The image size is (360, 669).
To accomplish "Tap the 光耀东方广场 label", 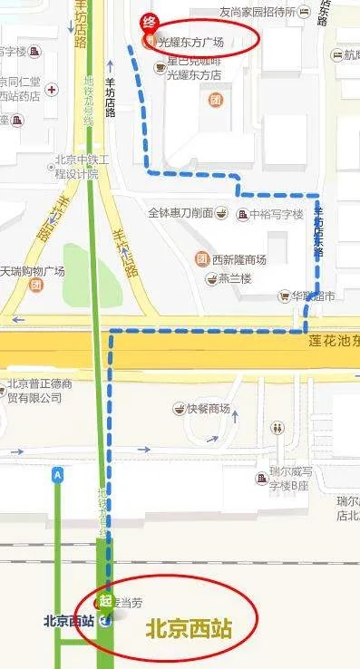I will (x=190, y=43).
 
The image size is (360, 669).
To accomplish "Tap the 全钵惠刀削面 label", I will (x=180, y=213).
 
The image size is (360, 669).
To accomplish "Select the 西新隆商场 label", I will (x=238, y=259).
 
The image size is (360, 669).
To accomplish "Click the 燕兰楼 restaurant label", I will (x=234, y=278).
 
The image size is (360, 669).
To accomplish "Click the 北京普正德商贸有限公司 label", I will (x=40, y=390).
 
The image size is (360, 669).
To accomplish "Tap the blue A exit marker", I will (x=59, y=474).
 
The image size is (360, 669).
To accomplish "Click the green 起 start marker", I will (x=105, y=601).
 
